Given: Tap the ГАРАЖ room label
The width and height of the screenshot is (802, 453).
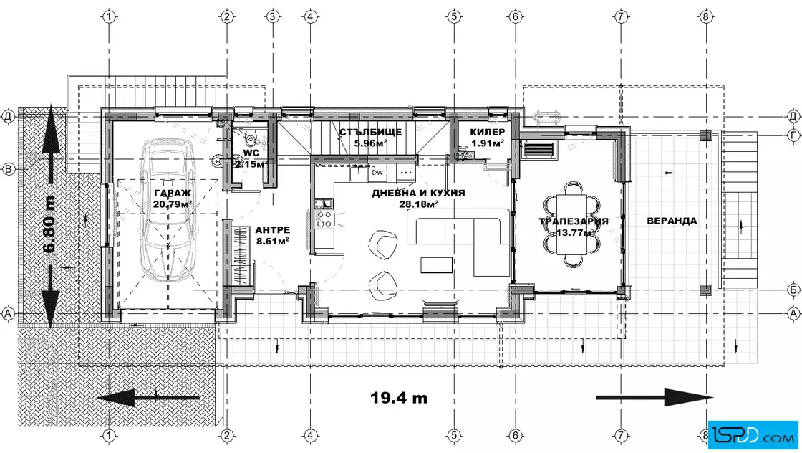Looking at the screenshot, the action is (x=173, y=193).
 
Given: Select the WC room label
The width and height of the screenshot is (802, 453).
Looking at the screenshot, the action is (x=251, y=153).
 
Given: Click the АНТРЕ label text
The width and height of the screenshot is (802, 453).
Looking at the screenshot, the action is (x=273, y=230).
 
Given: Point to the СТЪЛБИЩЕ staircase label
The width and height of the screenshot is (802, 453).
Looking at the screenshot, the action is (x=371, y=132).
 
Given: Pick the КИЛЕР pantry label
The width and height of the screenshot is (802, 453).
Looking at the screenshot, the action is (x=488, y=132).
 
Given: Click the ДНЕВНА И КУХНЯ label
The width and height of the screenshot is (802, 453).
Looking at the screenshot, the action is (x=418, y=193).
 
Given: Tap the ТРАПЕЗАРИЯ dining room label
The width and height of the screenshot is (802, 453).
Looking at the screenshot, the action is (x=574, y=221).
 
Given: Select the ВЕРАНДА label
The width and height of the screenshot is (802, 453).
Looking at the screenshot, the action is (x=672, y=221).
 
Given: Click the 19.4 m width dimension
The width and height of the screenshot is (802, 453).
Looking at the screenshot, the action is (x=398, y=398).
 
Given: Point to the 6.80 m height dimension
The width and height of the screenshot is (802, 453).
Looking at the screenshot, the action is (x=49, y=224).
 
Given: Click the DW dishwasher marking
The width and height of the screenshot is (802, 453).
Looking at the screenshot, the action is (x=377, y=173).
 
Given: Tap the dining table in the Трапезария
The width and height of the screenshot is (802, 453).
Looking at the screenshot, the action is (x=572, y=224).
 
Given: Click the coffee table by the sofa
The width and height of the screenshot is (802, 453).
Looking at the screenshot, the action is (x=437, y=264).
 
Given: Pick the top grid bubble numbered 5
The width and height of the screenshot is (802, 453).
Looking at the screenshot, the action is (x=454, y=16).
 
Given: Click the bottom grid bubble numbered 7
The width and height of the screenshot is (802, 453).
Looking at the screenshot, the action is (x=620, y=436).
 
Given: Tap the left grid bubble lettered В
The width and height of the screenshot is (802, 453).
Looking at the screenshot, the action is (x=8, y=168).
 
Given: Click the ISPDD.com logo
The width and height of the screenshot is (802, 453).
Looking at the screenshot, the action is (x=753, y=435).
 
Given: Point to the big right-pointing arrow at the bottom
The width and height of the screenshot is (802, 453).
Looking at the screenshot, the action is (x=654, y=397).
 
